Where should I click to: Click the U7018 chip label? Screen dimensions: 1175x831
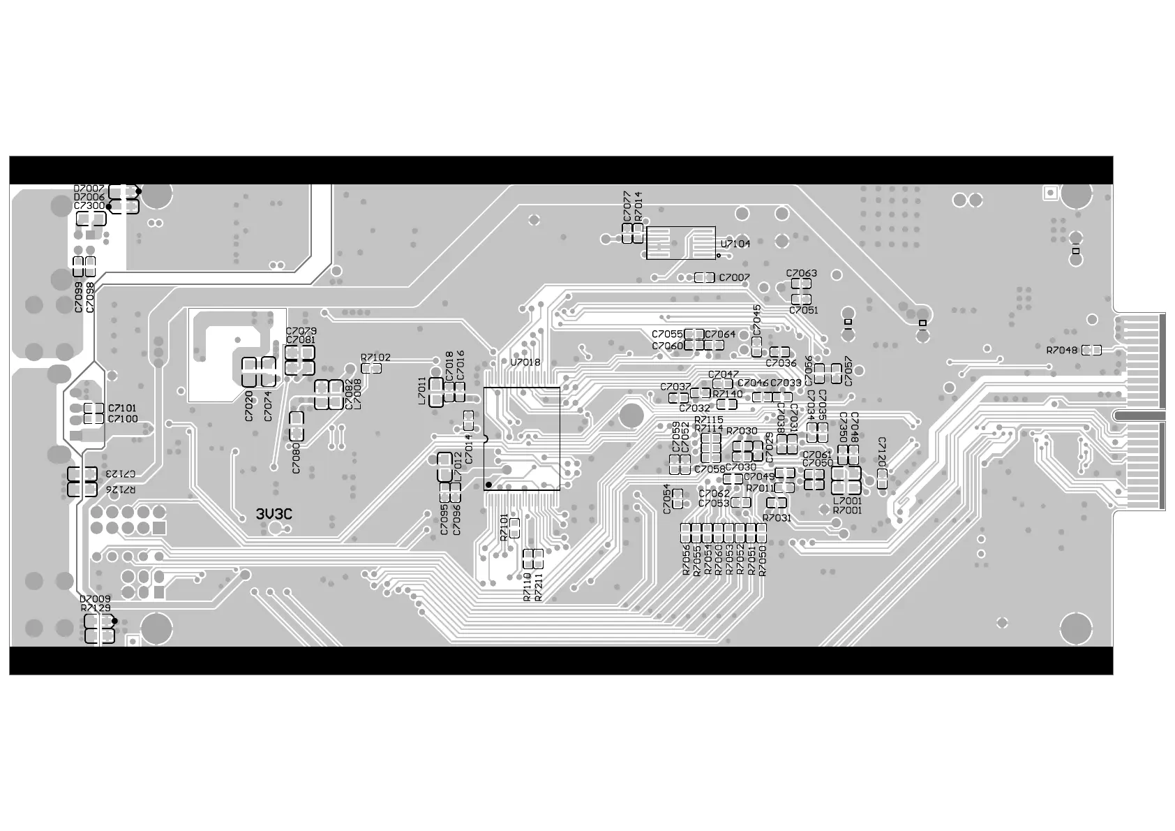coord(525,362)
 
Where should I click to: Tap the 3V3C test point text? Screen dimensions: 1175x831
coord(274,515)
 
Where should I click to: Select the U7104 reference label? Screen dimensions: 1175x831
coord(735,244)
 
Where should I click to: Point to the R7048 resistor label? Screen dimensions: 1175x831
coord(1061,351)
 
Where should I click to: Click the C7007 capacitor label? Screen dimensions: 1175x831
coord(734,278)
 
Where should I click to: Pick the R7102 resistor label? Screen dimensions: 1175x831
coord(375,358)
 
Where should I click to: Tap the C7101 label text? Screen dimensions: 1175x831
coord(123,408)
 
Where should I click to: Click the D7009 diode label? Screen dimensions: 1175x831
coord(95,599)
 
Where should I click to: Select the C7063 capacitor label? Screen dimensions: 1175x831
coord(801,273)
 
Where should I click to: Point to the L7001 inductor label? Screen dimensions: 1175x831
coord(847,501)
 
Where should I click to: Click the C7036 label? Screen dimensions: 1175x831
coord(781,363)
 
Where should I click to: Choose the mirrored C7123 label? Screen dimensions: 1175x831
coord(121,473)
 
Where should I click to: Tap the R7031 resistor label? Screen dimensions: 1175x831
coord(777,518)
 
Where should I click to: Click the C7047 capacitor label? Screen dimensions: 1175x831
coord(723,375)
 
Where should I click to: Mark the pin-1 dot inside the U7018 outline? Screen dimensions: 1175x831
coord(488,485)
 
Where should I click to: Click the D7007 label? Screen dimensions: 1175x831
coord(89,189)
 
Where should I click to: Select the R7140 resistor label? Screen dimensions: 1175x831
coord(728,395)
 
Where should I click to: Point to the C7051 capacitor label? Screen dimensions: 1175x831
coord(804,310)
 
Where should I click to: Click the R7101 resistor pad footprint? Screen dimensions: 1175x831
coord(515,528)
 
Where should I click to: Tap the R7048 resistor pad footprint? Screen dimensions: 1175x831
coord(1091,351)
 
